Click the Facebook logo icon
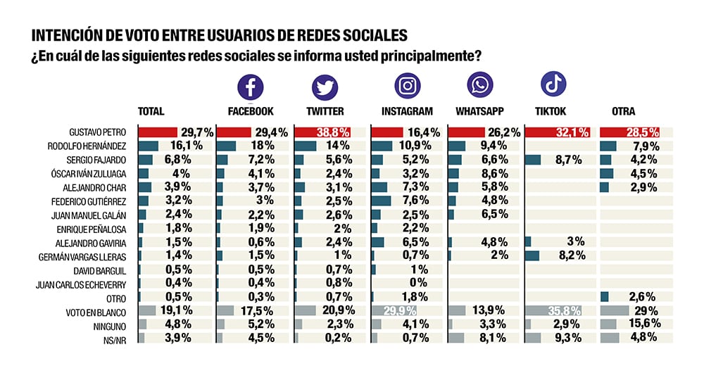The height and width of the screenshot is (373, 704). pyautogui.click(x=250, y=87)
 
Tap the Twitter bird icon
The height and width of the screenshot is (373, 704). pyautogui.click(x=325, y=87)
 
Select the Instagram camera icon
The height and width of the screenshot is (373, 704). pyautogui.click(x=407, y=87)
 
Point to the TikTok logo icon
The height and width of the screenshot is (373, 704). pyautogui.click(x=553, y=84)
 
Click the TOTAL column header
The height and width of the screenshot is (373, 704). pyautogui.click(x=151, y=111)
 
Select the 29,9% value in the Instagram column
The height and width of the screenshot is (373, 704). pyautogui.click(x=399, y=310)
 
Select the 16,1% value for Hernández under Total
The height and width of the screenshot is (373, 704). pyautogui.click(x=187, y=146)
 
